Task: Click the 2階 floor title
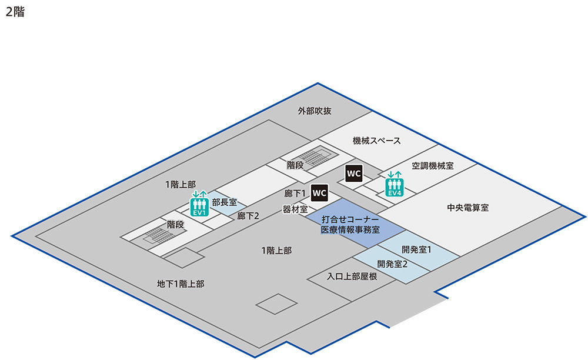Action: pos(15,12)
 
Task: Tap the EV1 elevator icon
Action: pos(199,203)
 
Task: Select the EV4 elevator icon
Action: pos(395,184)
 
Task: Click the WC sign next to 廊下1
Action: pos(319,193)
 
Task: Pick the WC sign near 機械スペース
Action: pos(353,174)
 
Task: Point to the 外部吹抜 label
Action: pos(315,111)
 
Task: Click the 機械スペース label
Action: pos(376,141)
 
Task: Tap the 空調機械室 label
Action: pos(432,166)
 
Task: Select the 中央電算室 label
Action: pos(468,208)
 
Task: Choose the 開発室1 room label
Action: pos(417,249)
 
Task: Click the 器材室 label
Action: pos(295,209)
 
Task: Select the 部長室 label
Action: pos(224,202)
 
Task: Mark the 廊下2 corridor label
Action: pos(248,216)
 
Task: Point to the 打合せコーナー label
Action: pos(349,219)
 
